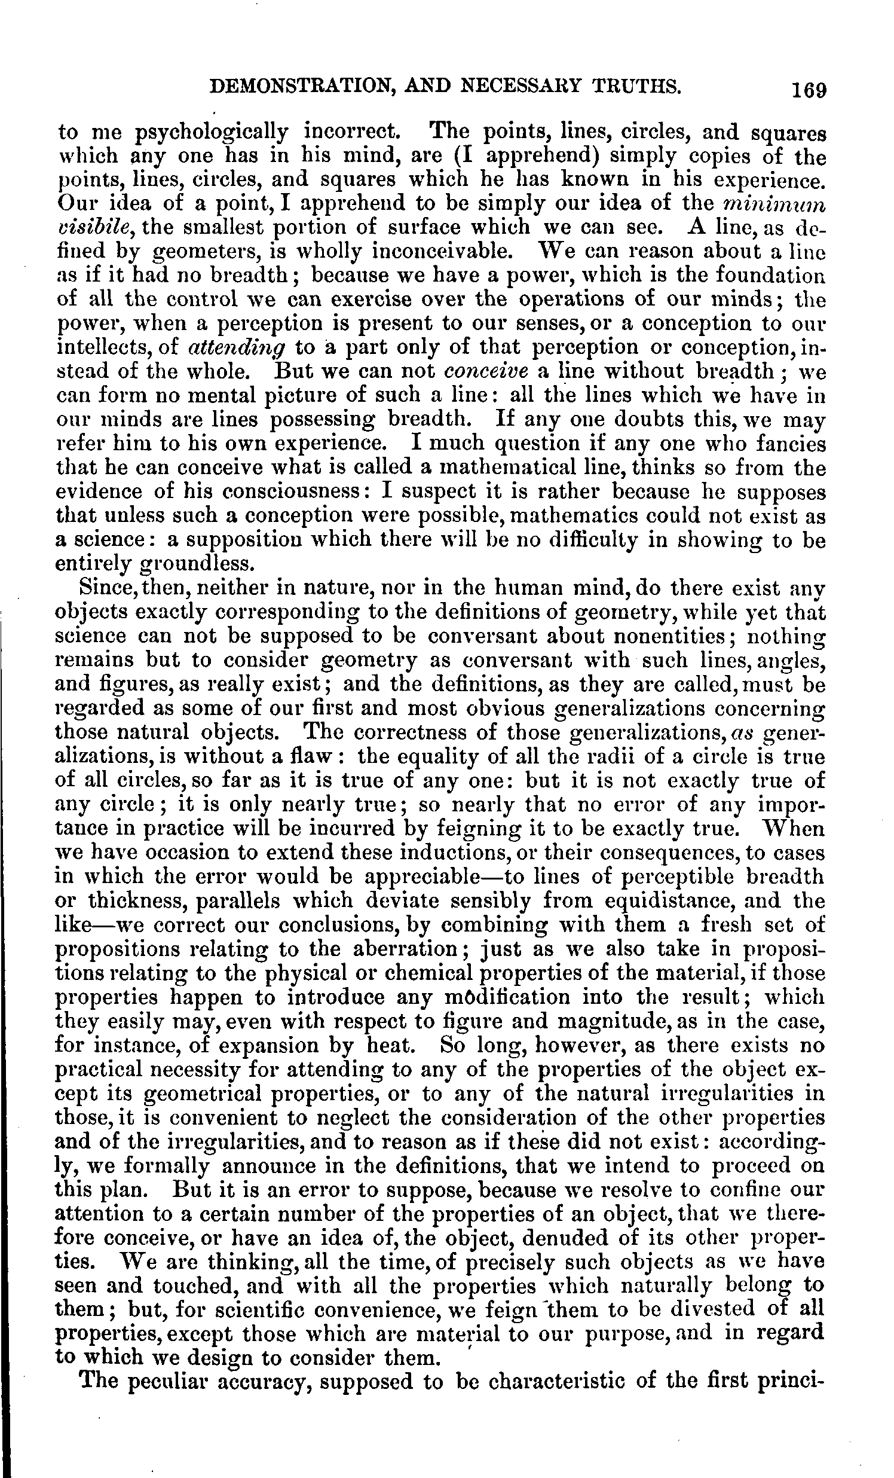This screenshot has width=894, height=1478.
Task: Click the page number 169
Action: (809, 89)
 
